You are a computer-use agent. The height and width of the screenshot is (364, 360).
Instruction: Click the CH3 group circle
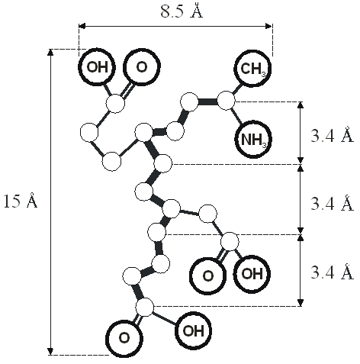tap(252, 69)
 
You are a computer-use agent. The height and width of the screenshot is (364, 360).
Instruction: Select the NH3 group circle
tap(253, 140)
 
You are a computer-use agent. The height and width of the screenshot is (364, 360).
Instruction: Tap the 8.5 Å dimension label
tap(182, 11)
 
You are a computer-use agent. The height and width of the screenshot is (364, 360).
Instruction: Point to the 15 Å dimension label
tap(21, 201)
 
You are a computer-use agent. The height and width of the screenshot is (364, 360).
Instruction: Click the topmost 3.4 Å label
tap(332, 135)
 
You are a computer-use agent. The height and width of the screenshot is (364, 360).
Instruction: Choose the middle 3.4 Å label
tap(332, 203)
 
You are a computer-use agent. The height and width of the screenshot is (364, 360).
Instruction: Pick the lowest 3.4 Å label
tap(332, 272)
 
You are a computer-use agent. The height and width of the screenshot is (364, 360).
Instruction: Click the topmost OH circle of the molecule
tap(97, 67)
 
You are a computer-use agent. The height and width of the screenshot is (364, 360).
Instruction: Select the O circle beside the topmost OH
tap(142, 67)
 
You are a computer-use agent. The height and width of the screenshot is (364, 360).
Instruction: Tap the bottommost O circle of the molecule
tap(124, 339)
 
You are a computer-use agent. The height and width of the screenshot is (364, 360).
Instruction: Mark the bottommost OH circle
tap(193, 330)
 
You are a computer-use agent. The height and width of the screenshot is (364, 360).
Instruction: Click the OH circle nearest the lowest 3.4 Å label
tap(252, 274)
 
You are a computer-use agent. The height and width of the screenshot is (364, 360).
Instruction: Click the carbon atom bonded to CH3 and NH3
tap(226, 101)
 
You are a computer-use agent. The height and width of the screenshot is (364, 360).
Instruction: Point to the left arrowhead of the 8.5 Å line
tap(82, 26)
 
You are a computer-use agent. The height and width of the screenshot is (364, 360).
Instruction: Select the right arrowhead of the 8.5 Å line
tap(269, 26)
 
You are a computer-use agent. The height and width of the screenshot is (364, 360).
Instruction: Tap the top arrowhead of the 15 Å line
tap(50, 52)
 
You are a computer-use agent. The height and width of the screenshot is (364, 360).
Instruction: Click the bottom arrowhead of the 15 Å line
tap(50, 351)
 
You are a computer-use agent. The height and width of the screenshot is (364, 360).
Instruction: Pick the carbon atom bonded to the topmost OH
tap(115, 104)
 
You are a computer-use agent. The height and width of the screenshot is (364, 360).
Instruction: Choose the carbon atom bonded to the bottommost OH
tap(145, 308)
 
